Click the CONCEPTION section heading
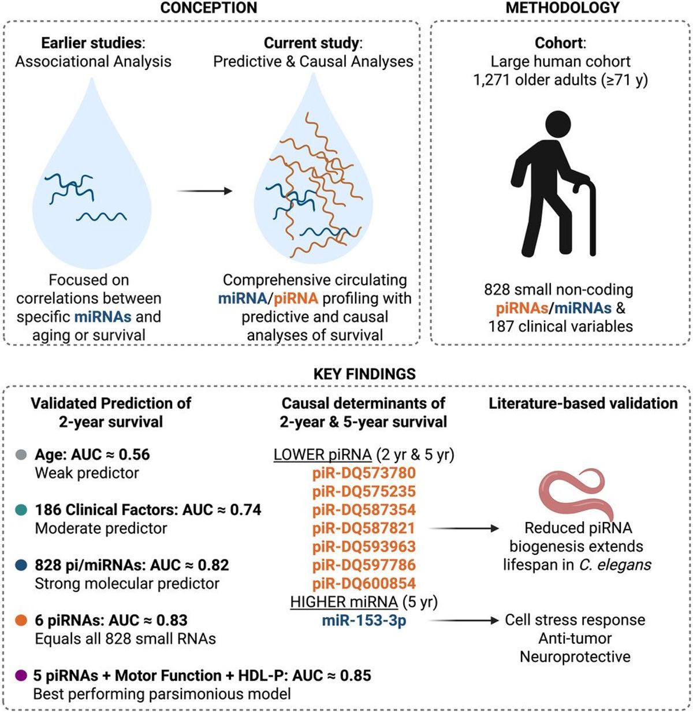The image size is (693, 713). (x=208, y=8)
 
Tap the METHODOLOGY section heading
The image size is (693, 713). (x=562, y=8)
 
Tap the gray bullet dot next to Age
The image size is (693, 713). (x=22, y=455)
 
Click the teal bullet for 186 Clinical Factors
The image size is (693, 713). (x=22, y=510)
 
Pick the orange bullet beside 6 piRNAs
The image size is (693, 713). (x=22, y=621)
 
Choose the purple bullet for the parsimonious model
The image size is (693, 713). (x=22, y=675)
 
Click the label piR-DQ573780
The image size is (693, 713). (x=364, y=473)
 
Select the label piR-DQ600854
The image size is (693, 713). (x=364, y=583)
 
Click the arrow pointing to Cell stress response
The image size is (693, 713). (x=465, y=621)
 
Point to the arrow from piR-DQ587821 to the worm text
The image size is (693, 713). (x=465, y=528)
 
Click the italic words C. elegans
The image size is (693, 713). (x=616, y=565)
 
